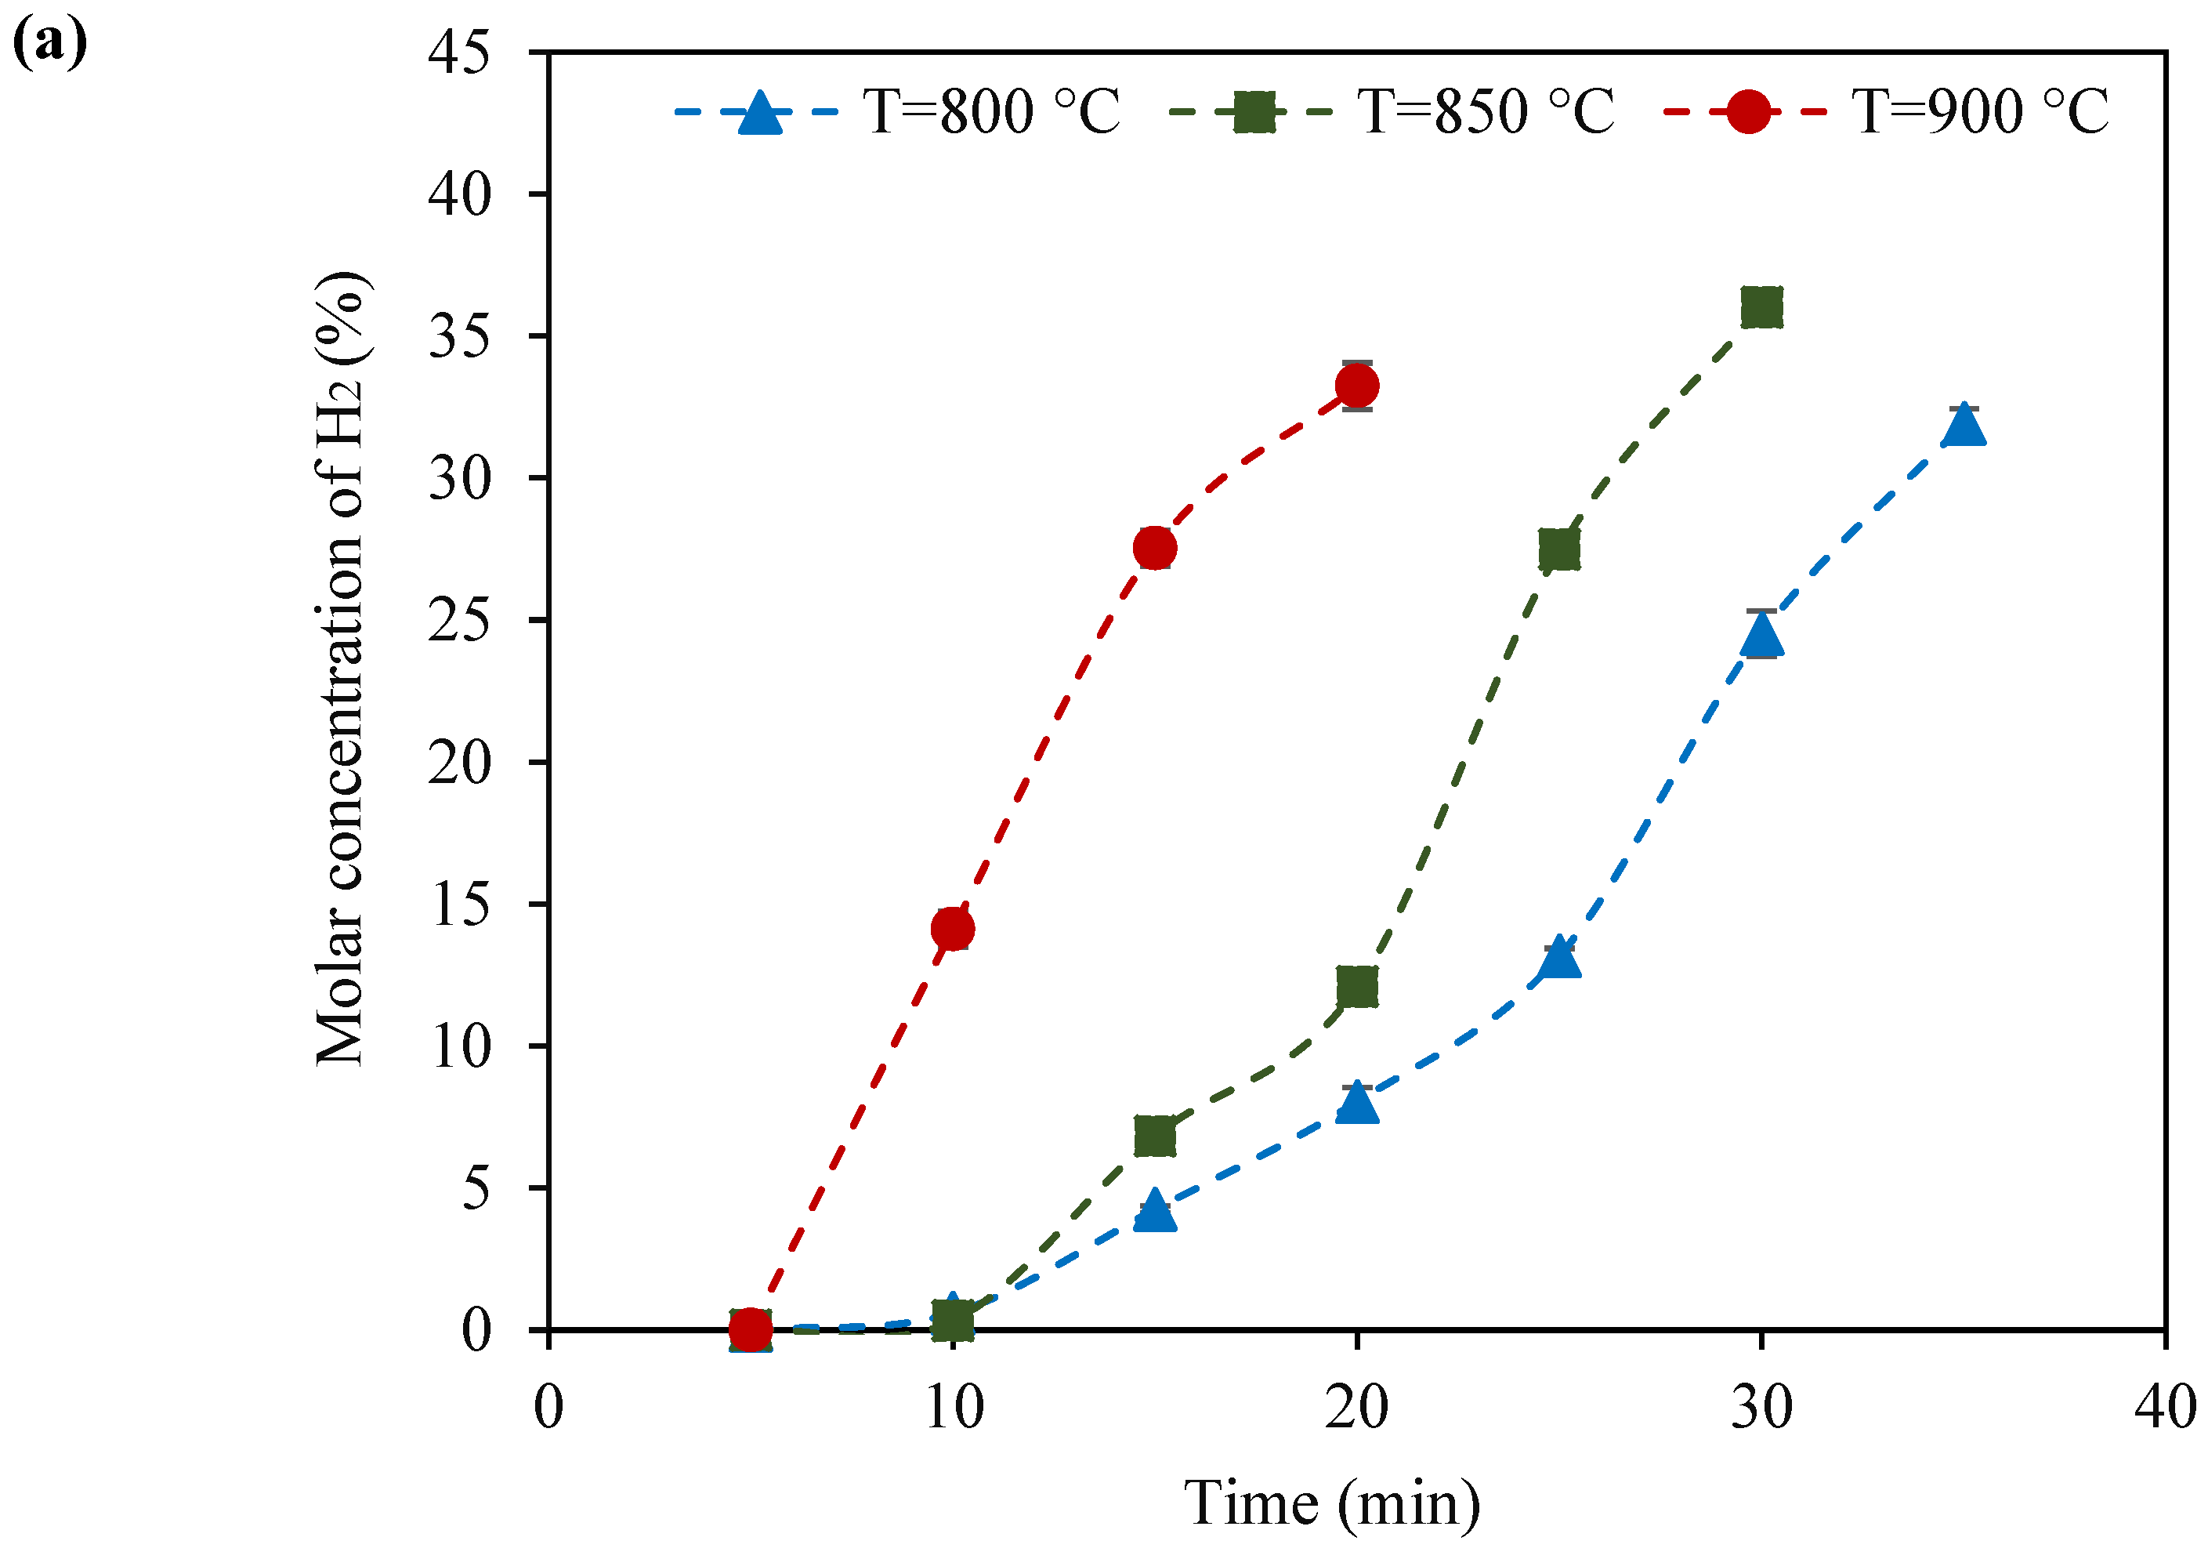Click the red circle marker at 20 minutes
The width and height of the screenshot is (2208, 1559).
(1357, 386)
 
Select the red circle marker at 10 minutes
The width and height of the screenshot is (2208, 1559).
(952, 928)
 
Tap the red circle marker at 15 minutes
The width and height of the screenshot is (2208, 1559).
(1154, 547)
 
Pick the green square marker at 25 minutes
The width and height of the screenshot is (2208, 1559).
(1559, 550)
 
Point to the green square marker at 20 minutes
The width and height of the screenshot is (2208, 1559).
(1357, 987)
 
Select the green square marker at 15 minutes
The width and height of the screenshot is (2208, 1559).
(1154, 1136)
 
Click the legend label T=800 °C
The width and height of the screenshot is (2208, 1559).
(990, 111)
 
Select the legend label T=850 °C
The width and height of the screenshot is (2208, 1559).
(1485, 111)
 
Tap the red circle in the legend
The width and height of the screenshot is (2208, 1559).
(1747, 113)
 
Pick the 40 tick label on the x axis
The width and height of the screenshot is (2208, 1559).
(2165, 1407)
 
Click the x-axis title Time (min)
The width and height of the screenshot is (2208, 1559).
(1332, 1503)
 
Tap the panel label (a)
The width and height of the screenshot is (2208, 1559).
(50, 43)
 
